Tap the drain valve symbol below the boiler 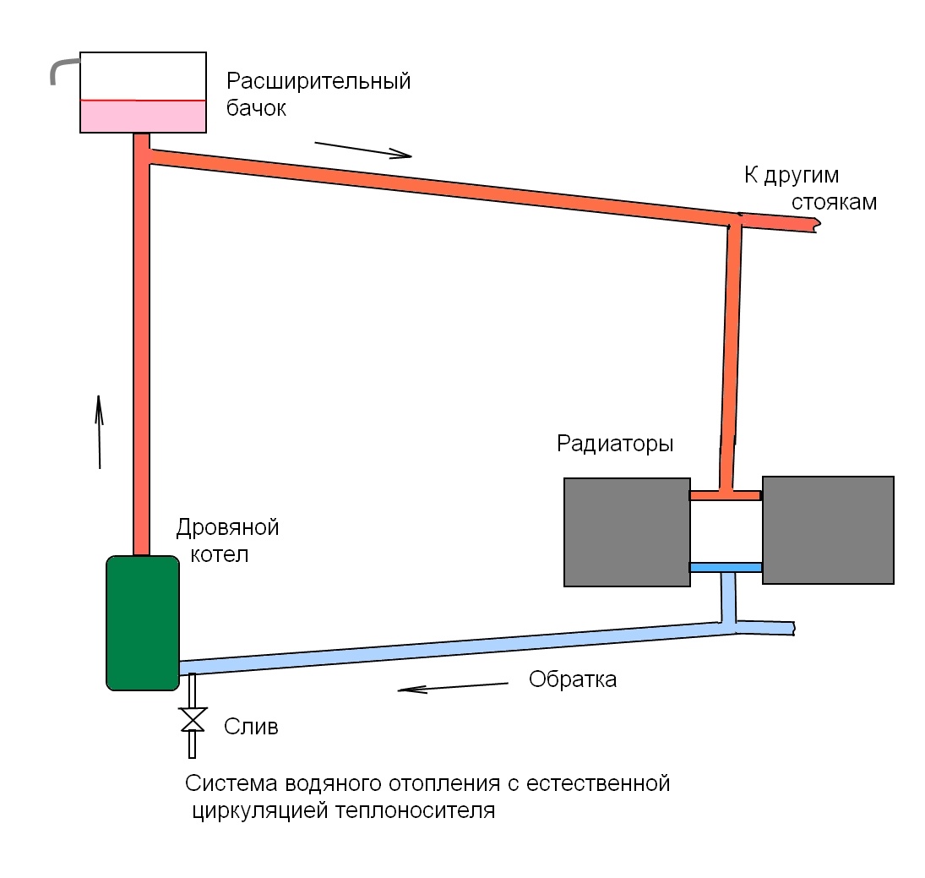193,720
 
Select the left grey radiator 627,532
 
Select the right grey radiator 828,530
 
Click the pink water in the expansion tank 143,117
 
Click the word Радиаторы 615,444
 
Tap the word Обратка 573,679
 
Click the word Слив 251,727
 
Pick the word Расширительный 318,82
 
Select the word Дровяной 227,529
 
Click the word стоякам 834,203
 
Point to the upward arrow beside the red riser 99,431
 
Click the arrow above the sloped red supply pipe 363,150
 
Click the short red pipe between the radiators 726,495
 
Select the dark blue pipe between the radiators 726,567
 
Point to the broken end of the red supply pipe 813,224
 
